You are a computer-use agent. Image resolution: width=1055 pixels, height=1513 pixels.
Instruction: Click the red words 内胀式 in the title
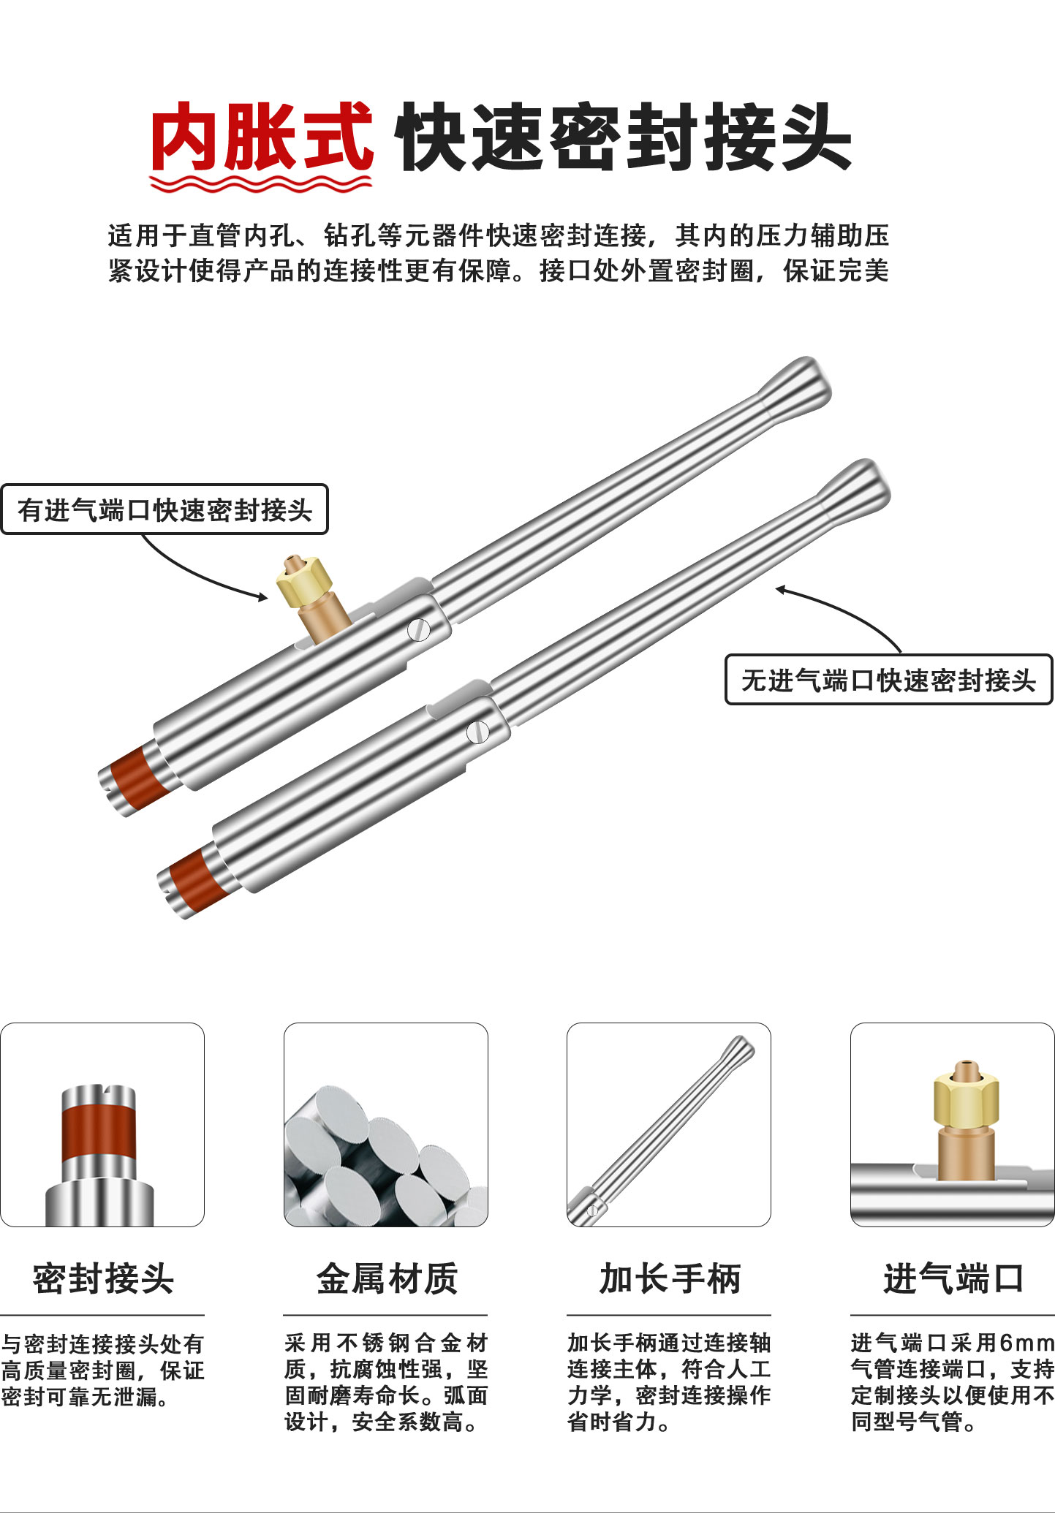pos(262,137)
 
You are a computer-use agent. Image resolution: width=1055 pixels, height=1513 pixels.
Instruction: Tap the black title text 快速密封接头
pos(624,137)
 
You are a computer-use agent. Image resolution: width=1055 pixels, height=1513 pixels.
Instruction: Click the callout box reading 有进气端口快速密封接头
pos(165,509)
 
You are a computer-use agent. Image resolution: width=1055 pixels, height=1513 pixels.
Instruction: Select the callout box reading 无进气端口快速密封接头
pos(888,680)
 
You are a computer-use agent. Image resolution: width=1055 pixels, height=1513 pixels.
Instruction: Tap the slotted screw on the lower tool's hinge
pos(477,732)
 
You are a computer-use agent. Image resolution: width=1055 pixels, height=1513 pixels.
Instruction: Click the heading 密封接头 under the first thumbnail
pos(103,1279)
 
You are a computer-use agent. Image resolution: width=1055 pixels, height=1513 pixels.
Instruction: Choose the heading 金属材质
pos(386,1279)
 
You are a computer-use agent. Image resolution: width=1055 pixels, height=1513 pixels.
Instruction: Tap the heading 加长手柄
pos(670,1279)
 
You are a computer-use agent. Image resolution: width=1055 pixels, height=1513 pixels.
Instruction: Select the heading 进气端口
pos(953,1279)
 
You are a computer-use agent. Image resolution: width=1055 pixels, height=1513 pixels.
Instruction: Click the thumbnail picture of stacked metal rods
pos(386,1125)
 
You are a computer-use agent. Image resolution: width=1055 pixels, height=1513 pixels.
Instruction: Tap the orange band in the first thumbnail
pos(99,1133)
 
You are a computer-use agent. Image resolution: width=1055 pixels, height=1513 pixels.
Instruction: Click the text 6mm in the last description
pos(1026,1343)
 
